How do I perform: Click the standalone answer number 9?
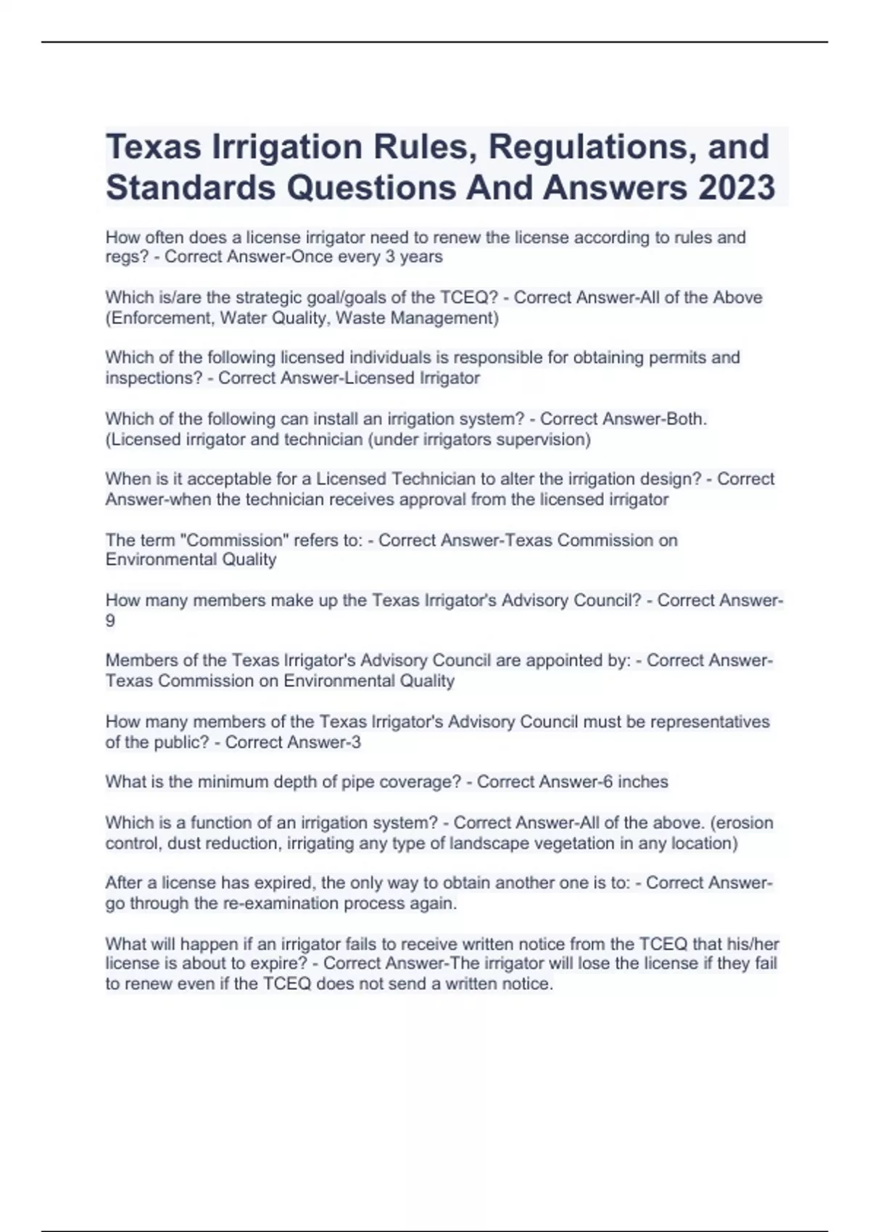point(110,620)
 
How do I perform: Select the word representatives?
point(710,722)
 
